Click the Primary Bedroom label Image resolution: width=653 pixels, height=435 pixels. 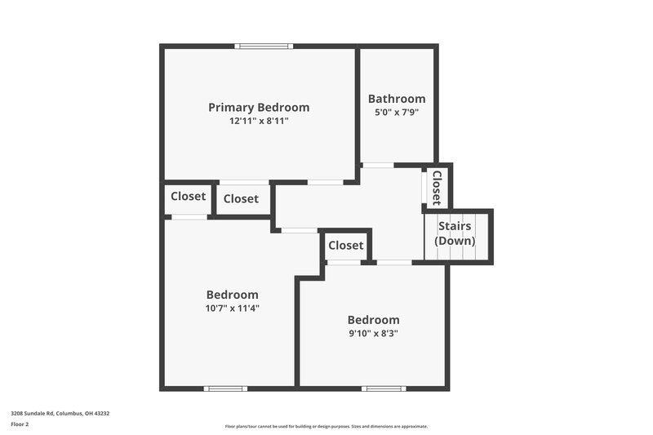[x=259, y=107]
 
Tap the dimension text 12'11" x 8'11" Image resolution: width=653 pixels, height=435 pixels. [x=259, y=121]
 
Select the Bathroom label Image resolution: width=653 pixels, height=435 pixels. [x=397, y=99]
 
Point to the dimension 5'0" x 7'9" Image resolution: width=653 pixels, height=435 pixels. [x=397, y=113]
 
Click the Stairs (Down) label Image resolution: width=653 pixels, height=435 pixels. [x=456, y=233]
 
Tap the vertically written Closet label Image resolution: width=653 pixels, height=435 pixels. [x=437, y=187]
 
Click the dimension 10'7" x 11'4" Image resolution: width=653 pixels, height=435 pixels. [x=233, y=308]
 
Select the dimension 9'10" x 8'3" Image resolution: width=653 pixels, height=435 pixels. [x=373, y=333]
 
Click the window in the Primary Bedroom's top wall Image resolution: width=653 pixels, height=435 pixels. [x=263, y=46]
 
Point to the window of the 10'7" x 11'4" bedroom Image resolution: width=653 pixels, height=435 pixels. [x=226, y=388]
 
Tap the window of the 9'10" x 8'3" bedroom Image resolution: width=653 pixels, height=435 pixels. [x=384, y=388]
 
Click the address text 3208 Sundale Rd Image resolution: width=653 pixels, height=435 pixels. [x=60, y=413]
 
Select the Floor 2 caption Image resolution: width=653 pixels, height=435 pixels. [x=20, y=424]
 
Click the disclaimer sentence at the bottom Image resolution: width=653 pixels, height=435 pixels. [x=326, y=426]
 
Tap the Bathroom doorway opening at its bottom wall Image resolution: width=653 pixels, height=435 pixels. [x=378, y=165]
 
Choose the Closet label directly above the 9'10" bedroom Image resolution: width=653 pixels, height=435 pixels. [x=345, y=245]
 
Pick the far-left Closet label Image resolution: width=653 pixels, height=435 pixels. [x=188, y=196]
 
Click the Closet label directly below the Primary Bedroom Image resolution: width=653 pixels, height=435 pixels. [x=241, y=198]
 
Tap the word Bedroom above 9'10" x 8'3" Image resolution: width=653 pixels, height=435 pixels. [x=373, y=320]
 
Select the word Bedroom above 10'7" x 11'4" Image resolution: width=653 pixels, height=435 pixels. [x=233, y=295]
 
